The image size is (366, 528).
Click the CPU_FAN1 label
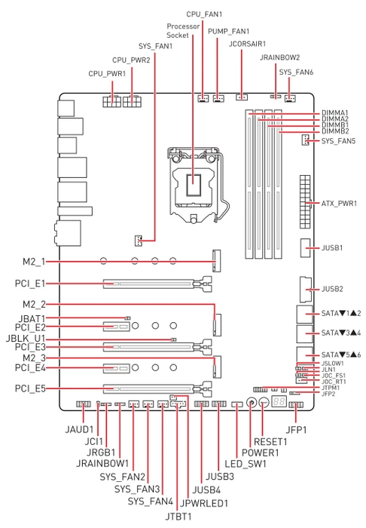click(204, 14)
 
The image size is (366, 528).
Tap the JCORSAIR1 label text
click(247, 44)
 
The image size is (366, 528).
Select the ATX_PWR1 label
click(339, 204)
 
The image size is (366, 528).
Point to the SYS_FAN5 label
click(338, 141)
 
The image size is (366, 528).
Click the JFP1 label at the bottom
click(296, 430)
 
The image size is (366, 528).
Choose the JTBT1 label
click(178, 516)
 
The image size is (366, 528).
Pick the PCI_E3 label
click(30, 347)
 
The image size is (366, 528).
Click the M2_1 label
click(34, 262)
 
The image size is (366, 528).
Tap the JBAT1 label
click(32, 318)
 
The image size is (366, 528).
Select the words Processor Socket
click(183, 31)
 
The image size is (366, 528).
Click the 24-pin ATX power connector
click(305, 201)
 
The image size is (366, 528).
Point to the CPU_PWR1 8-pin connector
click(112, 101)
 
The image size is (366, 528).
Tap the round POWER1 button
click(251, 402)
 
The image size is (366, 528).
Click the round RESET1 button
click(264, 402)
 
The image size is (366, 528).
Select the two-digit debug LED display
click(279, 401)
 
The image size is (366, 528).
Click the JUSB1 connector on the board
click(305, 248)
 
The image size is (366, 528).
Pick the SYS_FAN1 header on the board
click(138, 241)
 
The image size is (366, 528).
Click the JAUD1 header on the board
click(83, 404)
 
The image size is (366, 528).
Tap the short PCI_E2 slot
click(116, 327)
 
